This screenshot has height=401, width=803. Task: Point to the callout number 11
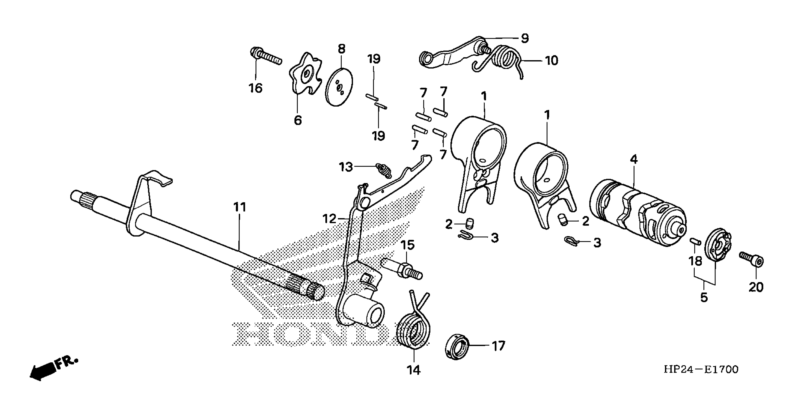pos(240,207)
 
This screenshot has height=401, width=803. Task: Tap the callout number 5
pos(704,297)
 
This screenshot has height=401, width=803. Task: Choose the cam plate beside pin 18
pos(718,246)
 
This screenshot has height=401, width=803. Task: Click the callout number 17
pos(498,346)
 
